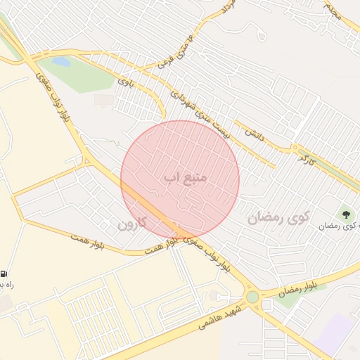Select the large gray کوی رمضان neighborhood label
pyautogui.click(x=278, y=217)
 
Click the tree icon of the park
pyautogui.click(x=345, y=213)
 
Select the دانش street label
pyautogui.click(x=254, y=133)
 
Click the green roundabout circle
pyautogui.click(x=252, y=297)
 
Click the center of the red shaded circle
pyautogui.click(x=180, y=180)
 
